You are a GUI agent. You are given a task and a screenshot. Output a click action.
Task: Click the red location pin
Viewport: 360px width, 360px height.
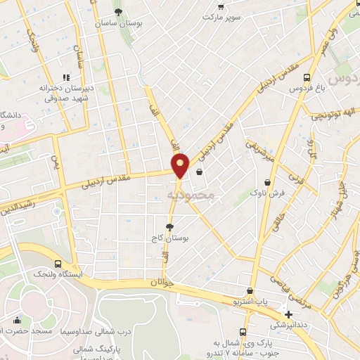181,165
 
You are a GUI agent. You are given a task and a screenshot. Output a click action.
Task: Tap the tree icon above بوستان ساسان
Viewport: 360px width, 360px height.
118,12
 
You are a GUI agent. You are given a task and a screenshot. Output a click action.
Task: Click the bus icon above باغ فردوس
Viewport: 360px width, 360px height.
307,78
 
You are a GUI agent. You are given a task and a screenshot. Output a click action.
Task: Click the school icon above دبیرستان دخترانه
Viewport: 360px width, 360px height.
67,77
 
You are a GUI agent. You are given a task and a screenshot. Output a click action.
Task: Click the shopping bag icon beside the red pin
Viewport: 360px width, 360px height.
200,172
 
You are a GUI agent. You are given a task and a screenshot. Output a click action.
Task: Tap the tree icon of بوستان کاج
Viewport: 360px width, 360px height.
169,226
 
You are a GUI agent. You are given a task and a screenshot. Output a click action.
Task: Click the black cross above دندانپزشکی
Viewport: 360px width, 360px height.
289,313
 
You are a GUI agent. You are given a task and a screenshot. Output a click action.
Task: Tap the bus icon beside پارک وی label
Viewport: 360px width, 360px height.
243,331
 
